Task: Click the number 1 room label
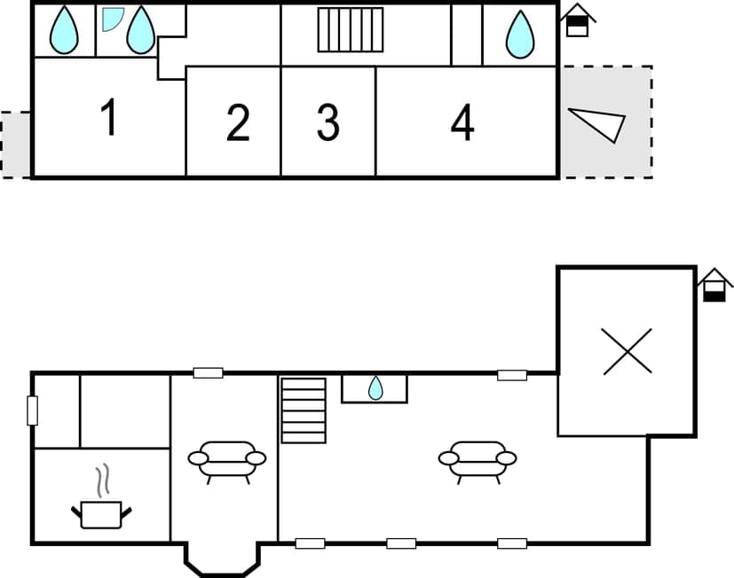[x=108, y=119]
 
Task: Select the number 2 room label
[x=238, y=123]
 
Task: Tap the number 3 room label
[x=328, y=123]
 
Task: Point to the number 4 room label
[x=462, y=122]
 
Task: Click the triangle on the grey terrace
[x=600, y=123]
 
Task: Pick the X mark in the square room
[x=626, y=350]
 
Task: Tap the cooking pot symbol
[x=100, y=513]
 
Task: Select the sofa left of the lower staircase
[x=226, y=459]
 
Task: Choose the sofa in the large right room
[x=477, y=459]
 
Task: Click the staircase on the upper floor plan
[x=350, y=30]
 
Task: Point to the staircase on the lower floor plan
[x=303, y=410]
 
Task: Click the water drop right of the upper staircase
[x=520, y=35]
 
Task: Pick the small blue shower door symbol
[x=112, y=19]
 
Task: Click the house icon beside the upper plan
[x=578, y=20]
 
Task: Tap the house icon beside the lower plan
[x=714, y=285]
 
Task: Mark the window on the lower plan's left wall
[x=33, y=410]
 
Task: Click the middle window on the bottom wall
[x=401, y=543]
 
